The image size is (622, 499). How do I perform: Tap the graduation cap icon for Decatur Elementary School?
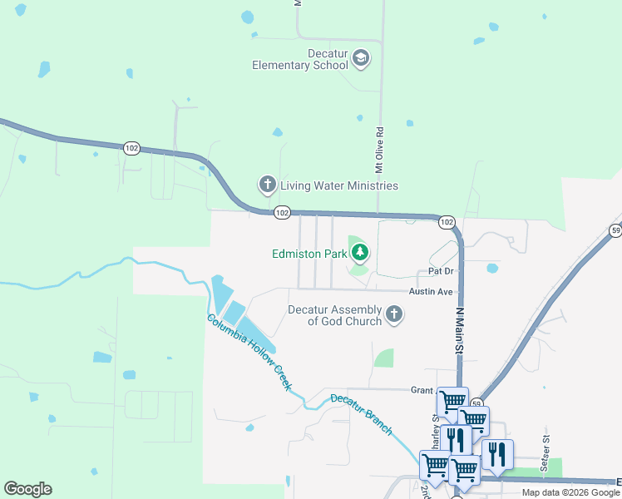point(361,58)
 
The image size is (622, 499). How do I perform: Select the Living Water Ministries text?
point(338,185)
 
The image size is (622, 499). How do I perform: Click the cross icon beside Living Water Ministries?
point(267,185)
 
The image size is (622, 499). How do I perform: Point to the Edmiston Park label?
point(308,254)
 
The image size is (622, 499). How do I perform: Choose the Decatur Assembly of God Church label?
point(334,315)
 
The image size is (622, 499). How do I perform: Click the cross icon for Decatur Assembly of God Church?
point(394,314)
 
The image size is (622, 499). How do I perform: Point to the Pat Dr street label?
point(441,271)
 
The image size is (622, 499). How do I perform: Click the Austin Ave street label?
point(430,292)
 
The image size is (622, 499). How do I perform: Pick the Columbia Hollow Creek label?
point(249,353)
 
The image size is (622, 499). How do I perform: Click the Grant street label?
point(422,389)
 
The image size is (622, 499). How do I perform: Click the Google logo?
point(27,489)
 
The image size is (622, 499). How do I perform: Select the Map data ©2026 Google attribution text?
point(570,492)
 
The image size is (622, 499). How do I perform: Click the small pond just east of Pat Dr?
point(492,269)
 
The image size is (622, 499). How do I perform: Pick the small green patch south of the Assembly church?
point(383,358)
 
